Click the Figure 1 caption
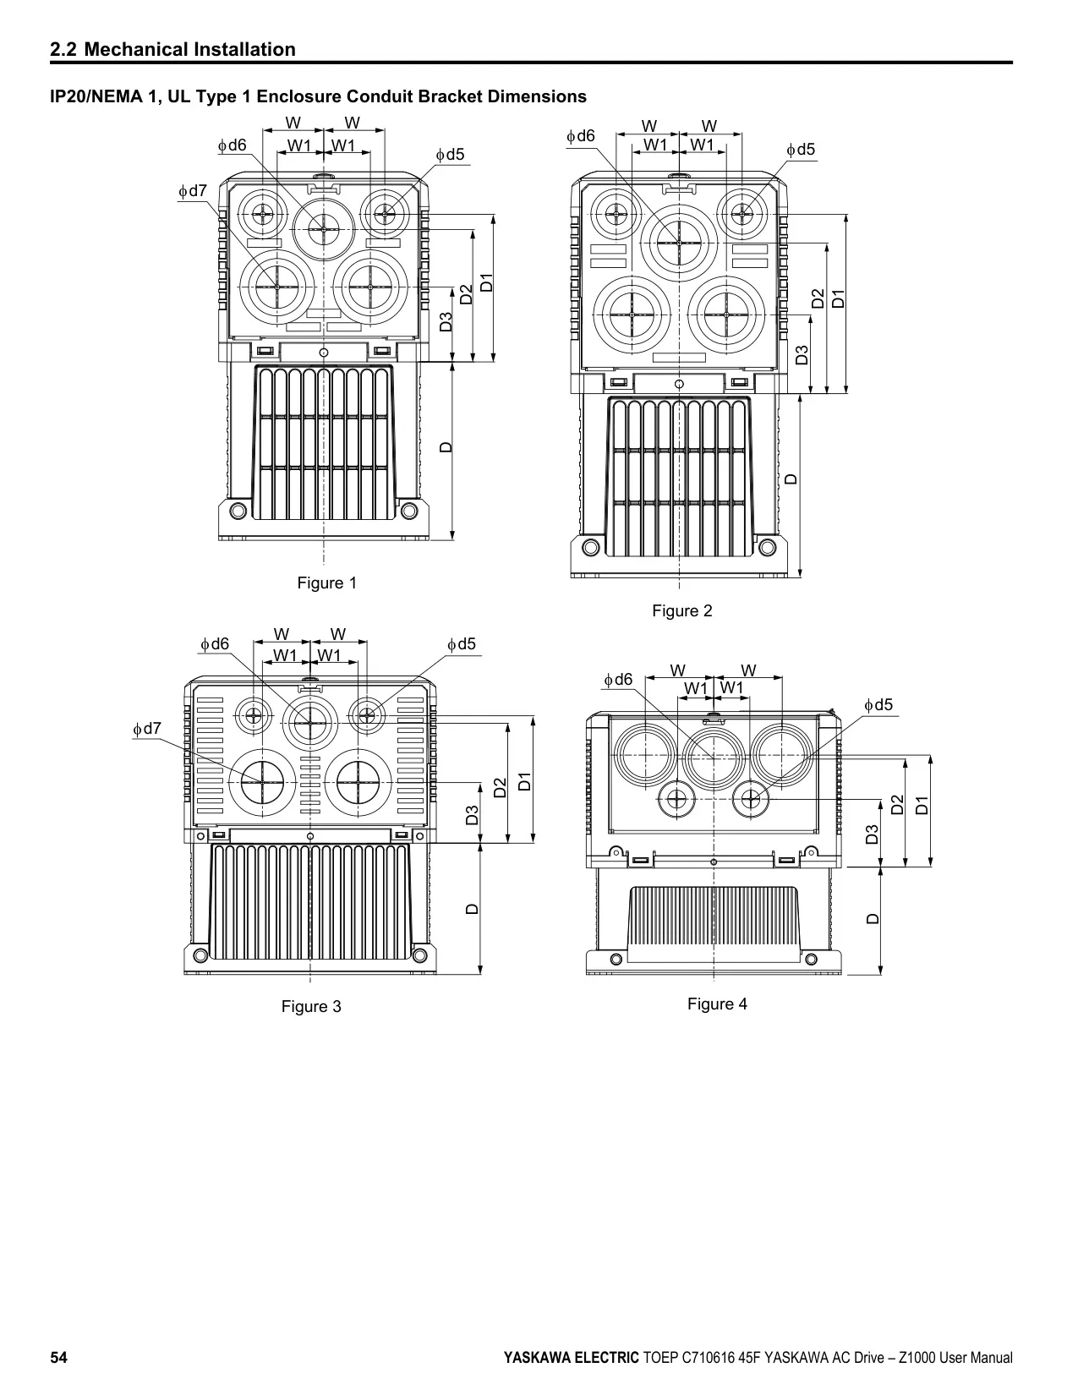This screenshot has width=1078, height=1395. pos(327,583)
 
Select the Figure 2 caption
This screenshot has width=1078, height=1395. pos(681,610)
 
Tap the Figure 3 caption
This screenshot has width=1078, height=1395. pos(311,1006)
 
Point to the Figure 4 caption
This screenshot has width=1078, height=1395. pos(717,1004)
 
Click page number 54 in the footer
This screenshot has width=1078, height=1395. pos(58,1356)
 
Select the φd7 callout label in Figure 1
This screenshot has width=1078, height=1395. pos(193,191)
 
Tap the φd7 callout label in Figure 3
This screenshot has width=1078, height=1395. pos(147,728)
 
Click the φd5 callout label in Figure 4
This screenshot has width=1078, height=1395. pos(878,705)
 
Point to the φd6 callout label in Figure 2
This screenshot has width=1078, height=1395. pos(580,135)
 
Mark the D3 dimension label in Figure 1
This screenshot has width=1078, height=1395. pos(446,321)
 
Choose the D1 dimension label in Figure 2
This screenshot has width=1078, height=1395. pos(839,298)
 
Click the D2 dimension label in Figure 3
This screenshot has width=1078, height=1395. pos(501,788)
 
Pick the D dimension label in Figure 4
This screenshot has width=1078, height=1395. pos(872,919)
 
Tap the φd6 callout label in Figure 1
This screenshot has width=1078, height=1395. pos(232,145)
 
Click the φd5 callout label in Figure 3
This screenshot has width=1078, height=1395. pos(462,644)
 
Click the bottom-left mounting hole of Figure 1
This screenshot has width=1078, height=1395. pos(238,511)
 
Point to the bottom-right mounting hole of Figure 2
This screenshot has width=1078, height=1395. pos(767,548)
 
